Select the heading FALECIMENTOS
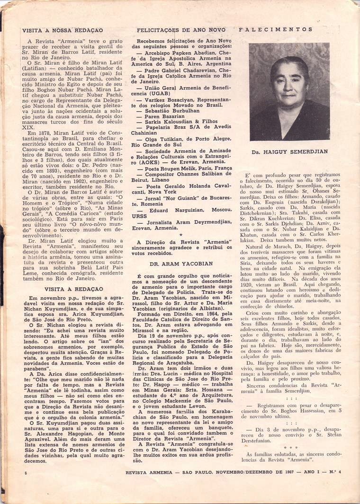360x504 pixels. [x=276, y=29]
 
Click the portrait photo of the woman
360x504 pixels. [x=289, y=92]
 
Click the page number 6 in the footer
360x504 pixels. [x=23, y=486]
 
